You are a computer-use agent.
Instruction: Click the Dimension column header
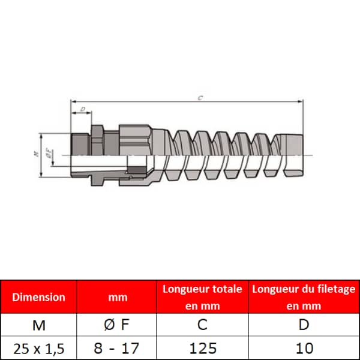point(38,297)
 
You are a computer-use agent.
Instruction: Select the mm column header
point(118,298)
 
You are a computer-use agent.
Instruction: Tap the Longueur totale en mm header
point(202,298)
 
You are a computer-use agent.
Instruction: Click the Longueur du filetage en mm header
point(304,298)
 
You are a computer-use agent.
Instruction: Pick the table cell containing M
point(39,325)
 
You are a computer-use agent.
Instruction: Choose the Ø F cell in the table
point(116,325)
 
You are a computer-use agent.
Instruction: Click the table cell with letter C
point(203,325)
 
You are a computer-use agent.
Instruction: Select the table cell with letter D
point(304,325)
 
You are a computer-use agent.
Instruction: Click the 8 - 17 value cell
point(116,348)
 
